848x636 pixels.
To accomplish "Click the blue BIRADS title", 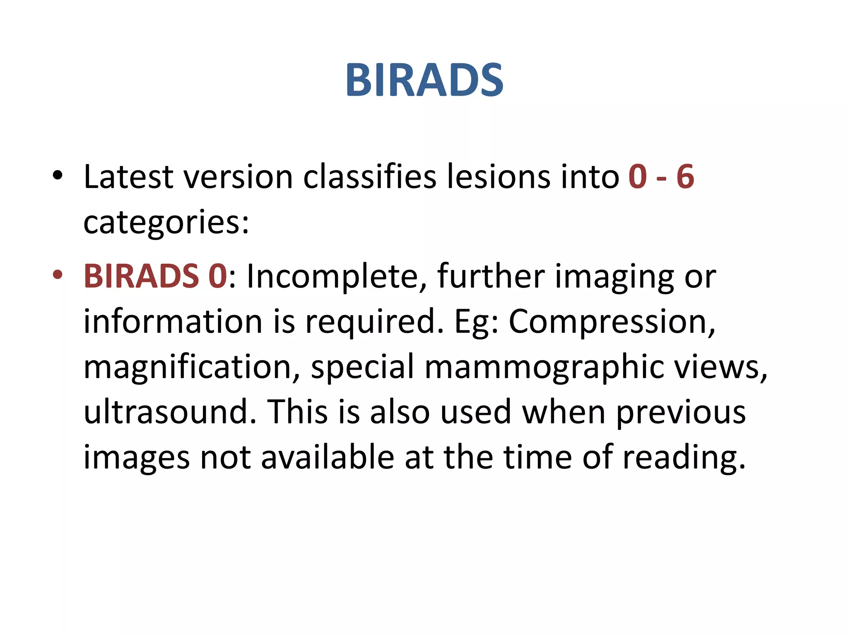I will [424, 80].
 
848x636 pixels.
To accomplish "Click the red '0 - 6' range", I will [661, 177].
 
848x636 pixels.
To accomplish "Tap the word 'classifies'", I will [370, 177].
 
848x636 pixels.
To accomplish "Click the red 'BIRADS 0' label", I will [155, 276].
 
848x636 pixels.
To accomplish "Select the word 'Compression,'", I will [612, 322].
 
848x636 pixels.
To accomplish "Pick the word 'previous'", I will [681, 412].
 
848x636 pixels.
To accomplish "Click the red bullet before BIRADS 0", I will [58, 275].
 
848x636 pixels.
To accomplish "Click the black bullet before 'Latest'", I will [58, 176].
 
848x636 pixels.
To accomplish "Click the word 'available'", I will [328, 457].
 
